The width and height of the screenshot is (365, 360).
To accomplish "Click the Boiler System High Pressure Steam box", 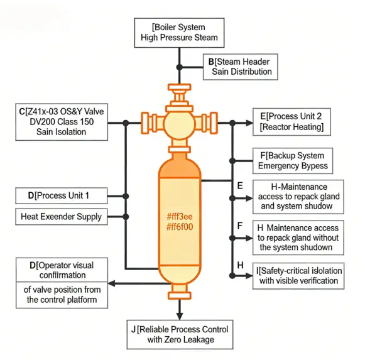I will tap(179, 32).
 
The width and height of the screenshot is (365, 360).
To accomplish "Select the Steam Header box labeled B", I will tap(241, 67).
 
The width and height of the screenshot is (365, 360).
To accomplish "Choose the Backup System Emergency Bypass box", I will tap(293, 161).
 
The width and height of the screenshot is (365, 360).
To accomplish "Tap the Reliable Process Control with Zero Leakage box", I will tap(179, 334).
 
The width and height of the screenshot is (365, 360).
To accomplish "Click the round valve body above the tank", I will tap(181, 122).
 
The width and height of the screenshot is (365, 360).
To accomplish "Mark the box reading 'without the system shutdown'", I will tap(298, 237).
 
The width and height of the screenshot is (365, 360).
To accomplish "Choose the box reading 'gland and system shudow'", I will tap(298, 196).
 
